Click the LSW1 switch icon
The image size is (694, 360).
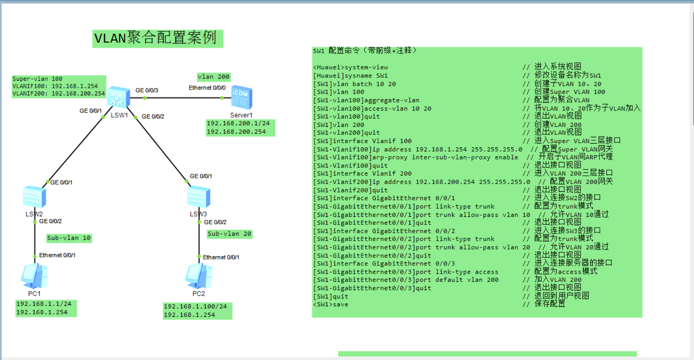click(118, 98)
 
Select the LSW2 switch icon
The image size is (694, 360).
click(34, 197)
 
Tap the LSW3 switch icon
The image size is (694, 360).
click(198, 197)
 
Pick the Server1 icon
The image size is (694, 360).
click(242, 98)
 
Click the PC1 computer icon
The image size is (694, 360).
click(34, 276)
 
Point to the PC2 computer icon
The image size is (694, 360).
click(198, 276)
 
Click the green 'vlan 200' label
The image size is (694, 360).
click(213, 77)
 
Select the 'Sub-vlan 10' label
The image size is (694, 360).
click(69, 238)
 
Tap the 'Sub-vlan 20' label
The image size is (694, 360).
click(229, 234)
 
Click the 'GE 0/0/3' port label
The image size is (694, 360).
click(147, 90)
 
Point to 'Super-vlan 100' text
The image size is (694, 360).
click(37, 79)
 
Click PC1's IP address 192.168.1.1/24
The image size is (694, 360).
click(44, 304)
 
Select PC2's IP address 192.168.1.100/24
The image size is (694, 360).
click(195, 306)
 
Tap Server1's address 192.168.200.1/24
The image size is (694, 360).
click(238, 123)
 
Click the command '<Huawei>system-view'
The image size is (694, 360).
click(351, 67)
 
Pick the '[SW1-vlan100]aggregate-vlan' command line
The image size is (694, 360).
click(366, 100)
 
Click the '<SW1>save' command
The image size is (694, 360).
click(331, 305)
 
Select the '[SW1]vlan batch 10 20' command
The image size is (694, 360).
click(355, 84)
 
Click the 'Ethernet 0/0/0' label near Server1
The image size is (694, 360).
click(207, 88)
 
